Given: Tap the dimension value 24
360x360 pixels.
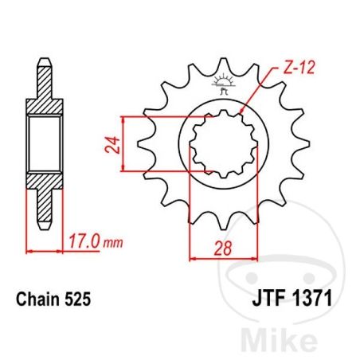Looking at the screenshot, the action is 112,145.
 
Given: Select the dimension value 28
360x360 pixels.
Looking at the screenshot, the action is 223,248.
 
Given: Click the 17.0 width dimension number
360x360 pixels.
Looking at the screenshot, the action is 84,241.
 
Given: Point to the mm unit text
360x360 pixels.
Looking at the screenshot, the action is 113,243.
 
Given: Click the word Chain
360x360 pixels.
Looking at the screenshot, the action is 38,299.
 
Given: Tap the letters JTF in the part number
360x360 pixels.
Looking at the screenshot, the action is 269,299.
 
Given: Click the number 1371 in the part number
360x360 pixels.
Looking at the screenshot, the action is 312,299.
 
